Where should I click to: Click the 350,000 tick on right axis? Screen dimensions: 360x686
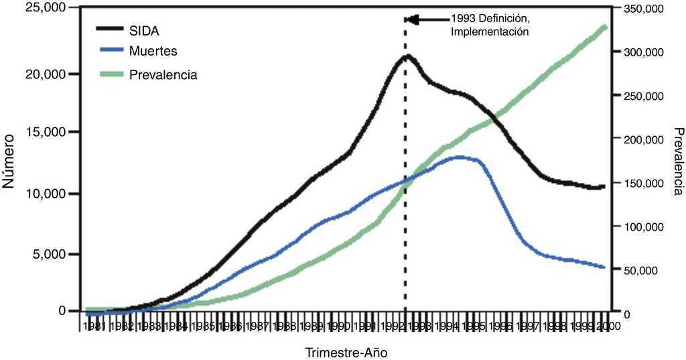point(642,9)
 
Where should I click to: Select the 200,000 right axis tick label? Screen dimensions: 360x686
point(642,139)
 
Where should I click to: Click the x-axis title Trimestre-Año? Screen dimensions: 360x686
point(346,352)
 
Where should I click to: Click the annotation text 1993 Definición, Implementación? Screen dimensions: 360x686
point(490,25)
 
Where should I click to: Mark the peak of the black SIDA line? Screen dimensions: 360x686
point(407,56)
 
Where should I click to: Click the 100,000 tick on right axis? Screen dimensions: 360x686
point(642,227)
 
